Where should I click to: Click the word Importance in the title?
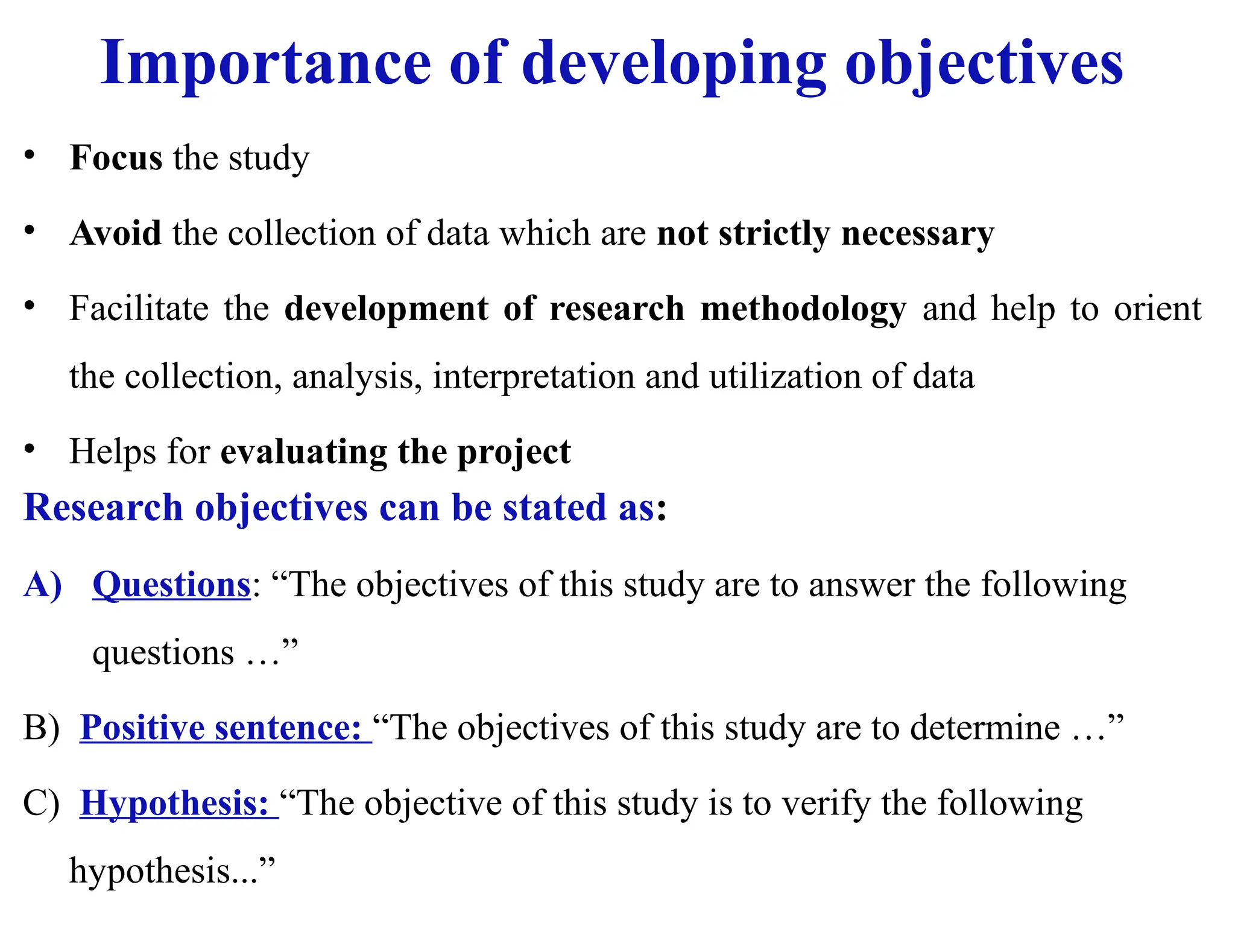(265, 63)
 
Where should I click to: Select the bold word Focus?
(116, 158)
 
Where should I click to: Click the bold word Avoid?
(116, 233)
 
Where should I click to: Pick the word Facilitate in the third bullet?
(139, 309)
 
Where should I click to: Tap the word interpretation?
(533, 377)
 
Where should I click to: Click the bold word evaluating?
(303, 452)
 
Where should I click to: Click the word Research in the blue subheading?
(103, 508)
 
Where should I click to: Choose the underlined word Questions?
(171, 585)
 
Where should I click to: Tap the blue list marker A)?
(43, 585)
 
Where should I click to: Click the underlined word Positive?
(142, 728)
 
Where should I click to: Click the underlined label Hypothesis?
(174, 803)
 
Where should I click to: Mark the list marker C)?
(41, 803)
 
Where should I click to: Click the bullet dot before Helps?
(30, 449)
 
